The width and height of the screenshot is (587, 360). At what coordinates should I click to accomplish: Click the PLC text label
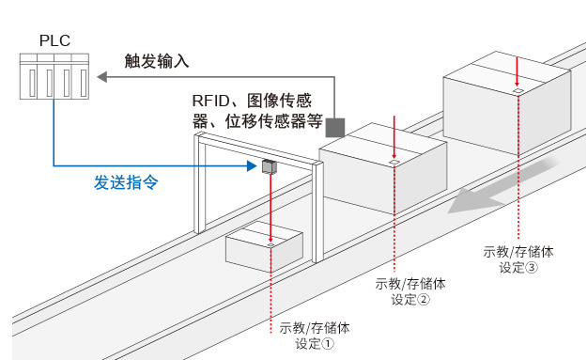pyautogui.click(x=54, y=40)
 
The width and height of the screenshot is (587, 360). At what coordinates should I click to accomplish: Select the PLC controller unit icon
pyautogui.click(x=54, y=76)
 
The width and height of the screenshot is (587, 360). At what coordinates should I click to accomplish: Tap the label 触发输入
pyautogui.click(x=157, y=61)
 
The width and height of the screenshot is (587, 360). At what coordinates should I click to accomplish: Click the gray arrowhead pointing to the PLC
pyautogui.click(x=102, y=77)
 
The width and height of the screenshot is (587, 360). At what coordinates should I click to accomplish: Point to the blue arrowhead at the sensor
pyautogui.click(x=252, y=165)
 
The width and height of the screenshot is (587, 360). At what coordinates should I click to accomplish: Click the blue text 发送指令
pyautogui.click(x=126, y=182)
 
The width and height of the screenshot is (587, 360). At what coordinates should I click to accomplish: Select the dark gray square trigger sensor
pyautogui.click(x=334, y=128)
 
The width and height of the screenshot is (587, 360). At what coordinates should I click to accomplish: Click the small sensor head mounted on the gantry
pyautogui.click(x=269, y=166)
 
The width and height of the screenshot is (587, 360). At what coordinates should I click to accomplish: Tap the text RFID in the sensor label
pyautogui.click(x=210, y=101)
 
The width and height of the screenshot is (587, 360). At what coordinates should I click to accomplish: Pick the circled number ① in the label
pyautogui.click(x=327, y=344)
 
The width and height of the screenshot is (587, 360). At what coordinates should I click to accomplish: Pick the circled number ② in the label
pyautogui.click(x=424, y=300)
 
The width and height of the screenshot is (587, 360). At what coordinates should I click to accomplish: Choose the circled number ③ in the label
pyautogui.click(x=532, y=268)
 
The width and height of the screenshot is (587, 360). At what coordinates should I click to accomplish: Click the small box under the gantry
pyautogui.click(x=264, y=245)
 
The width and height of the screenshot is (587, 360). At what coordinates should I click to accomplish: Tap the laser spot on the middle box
pyautogui.click(x=394, y=162)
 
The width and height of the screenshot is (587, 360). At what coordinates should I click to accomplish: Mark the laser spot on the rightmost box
pyautogui.click(x=517, y=91)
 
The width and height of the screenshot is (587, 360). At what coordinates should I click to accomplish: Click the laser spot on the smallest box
pyautogui.click(x=270, y=244)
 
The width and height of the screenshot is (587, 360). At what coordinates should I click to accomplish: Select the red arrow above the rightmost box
pyautogui.click(x=517, y=72)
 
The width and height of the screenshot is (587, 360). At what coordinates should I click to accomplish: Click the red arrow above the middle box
pyautogui.click(x=394, y=137)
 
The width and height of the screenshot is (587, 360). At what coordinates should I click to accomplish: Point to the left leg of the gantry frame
pyautogui.click(x=200, y=183)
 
